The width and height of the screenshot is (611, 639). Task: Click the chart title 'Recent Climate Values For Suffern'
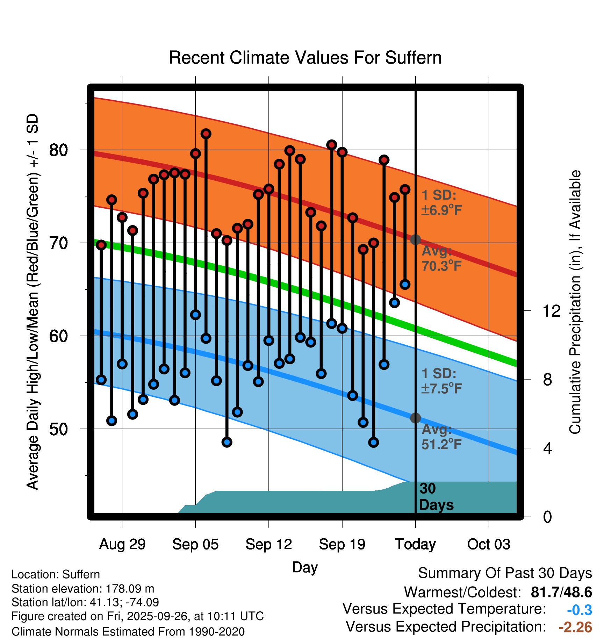305,58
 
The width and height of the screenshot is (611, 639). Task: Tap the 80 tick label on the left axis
58,150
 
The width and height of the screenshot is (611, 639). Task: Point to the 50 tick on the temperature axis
58,429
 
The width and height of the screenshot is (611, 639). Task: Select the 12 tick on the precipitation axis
551,311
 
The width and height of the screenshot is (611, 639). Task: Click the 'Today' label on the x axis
415,544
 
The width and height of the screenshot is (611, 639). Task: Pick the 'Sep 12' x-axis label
268,544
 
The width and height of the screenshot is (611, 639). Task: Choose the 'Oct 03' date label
489,544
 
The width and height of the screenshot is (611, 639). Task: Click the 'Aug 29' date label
122,544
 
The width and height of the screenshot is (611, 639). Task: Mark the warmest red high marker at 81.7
206,134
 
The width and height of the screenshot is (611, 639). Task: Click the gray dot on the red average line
415,239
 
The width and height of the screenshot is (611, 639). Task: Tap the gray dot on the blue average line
415,418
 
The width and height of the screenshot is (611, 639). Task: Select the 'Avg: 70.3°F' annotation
441,259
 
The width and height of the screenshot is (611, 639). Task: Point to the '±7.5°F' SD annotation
441,388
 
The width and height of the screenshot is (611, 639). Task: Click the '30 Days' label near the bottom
436,497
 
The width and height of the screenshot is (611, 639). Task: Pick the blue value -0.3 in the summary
579,610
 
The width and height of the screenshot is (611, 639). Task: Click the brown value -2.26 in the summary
575,627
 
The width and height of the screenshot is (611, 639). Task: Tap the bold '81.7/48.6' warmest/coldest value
561,592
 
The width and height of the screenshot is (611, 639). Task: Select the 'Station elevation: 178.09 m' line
83,589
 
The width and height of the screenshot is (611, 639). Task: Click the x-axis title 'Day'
305,567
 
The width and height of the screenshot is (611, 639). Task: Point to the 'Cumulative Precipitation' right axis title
575,302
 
